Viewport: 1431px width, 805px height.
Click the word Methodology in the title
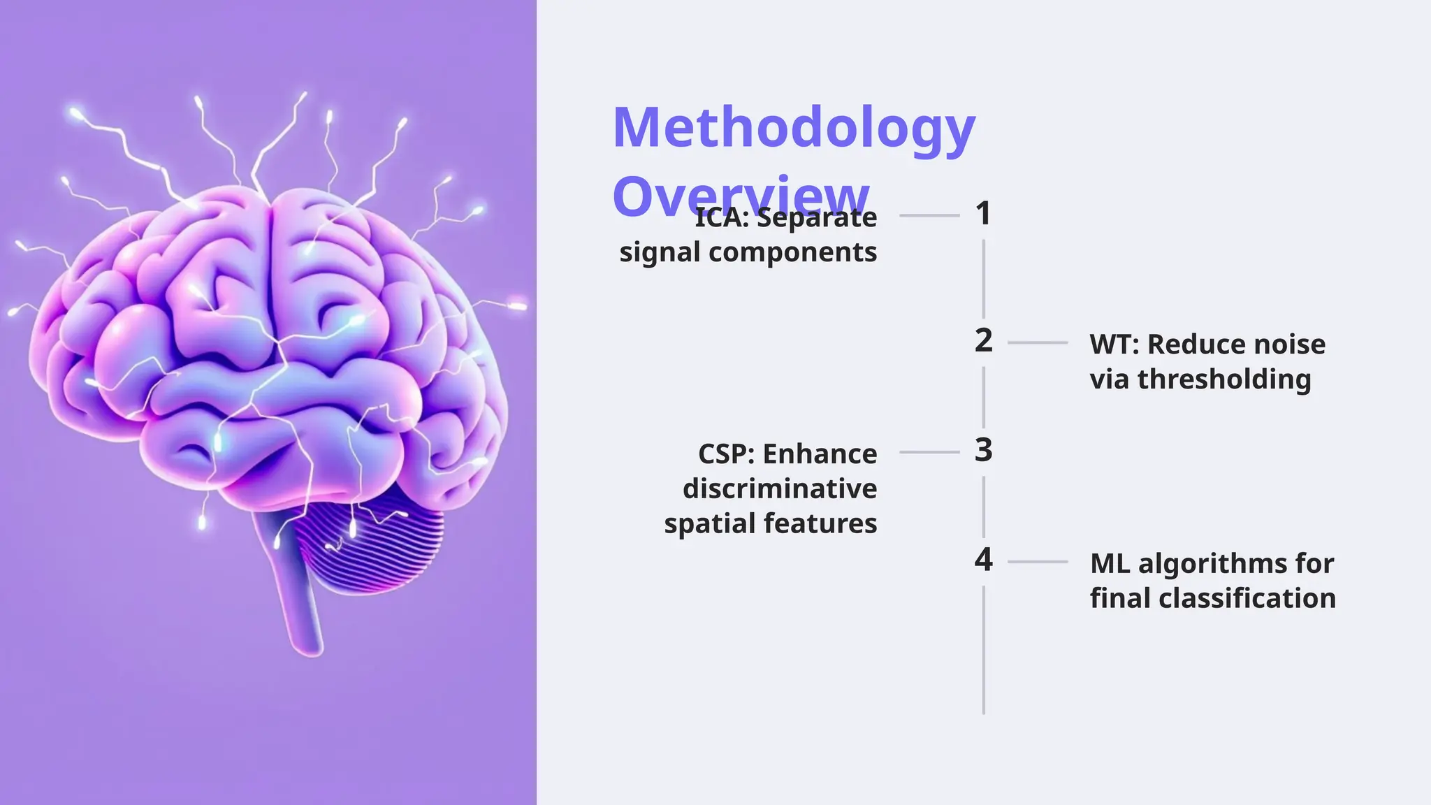793,129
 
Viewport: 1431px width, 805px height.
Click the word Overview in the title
741,197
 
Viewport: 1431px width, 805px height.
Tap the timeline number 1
983,214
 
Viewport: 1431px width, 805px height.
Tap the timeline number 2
983,340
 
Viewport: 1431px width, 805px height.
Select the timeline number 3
983,450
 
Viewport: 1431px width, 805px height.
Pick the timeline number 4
983,560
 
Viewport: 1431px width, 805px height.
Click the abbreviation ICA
721,218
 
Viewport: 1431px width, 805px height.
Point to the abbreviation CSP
725,454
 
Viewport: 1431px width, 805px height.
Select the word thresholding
1223,379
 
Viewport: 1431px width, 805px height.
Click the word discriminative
779,488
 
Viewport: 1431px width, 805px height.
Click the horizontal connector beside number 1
929,216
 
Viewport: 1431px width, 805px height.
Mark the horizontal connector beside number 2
1038,343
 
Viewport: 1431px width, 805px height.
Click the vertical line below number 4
983,650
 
